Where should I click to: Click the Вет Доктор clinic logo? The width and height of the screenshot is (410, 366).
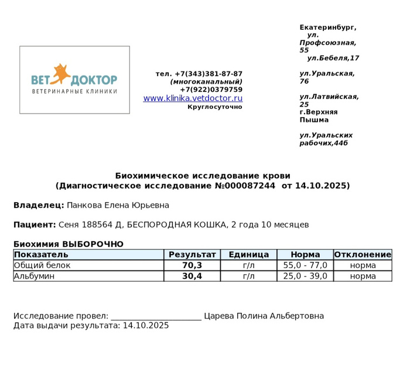click(74, 80)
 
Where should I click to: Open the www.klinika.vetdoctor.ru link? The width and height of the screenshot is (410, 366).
click(193, 98)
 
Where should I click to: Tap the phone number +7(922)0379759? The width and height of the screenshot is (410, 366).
click(211, 90)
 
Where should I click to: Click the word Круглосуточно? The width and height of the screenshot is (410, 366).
click(214, 107)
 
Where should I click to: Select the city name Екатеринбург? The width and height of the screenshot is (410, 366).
click(327, 28)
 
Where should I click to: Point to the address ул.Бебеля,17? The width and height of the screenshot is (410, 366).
click(333, 58)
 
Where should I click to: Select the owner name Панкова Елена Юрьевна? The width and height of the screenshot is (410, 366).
click(118, 205)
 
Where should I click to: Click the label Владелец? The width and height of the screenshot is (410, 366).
click(39, 205)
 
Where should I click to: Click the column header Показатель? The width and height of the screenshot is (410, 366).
click(41, 255)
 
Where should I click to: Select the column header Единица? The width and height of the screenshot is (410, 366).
click(248, 255)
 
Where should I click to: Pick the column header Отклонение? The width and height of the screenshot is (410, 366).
click(363, 255)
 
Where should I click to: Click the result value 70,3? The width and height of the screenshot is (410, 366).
click(192, 265)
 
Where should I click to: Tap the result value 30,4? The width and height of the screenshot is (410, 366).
click(192, 276)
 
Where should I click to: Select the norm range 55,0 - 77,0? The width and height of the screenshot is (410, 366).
click(305, 265)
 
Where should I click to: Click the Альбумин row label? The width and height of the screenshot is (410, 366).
click(34, 276)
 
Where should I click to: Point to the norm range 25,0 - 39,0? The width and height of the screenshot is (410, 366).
click(305, 276)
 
